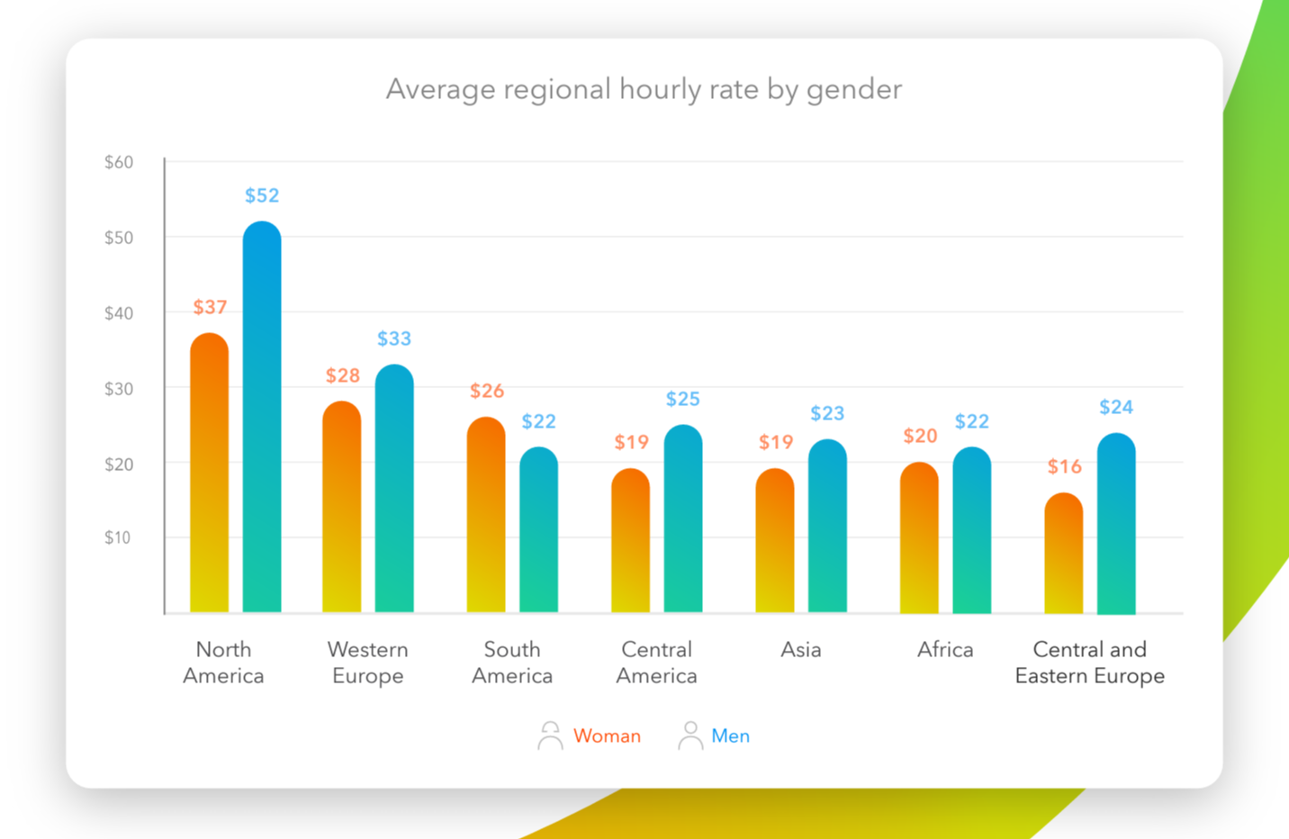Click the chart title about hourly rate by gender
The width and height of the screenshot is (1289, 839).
click(x=644, y=90)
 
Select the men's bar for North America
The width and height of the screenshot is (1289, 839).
click(x=262, y=417)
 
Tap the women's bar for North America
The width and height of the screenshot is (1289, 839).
click(x=210, y=473)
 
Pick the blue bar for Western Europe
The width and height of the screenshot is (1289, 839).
click(x=394, y=488)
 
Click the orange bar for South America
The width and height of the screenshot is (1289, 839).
click(x=486, y=514)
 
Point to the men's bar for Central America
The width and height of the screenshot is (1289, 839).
click(x=683, y=519)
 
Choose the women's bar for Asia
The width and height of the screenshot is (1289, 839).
click(x=775, y=540)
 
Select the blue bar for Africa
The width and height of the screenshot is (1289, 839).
click(x=972, y=529)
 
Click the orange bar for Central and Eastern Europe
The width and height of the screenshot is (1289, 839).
click(x=1064, y=553)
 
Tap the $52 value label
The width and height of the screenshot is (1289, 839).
click(x=262, y=195)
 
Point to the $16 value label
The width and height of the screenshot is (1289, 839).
click(x=1065, y=466)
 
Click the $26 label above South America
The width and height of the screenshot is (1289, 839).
click(x=487, y=391)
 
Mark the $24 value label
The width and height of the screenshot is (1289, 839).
click(x=1116, y=408)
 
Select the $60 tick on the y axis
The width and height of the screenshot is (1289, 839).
click(x=119, y=162)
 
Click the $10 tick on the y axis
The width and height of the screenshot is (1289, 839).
click(x=117, y=537)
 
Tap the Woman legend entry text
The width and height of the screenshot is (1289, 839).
click(x=607, y=736)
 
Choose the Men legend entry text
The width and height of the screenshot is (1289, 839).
click(x=730, y=736)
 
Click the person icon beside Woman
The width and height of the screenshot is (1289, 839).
click(x=550, y=735)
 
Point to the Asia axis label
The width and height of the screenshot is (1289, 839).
click(x=800, y=650)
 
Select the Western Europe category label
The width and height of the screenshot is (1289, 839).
click(x=368, y=663)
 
